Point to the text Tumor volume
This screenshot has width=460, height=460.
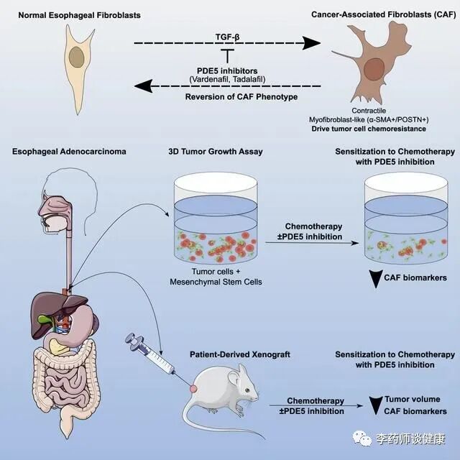click(x=422, y=399)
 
